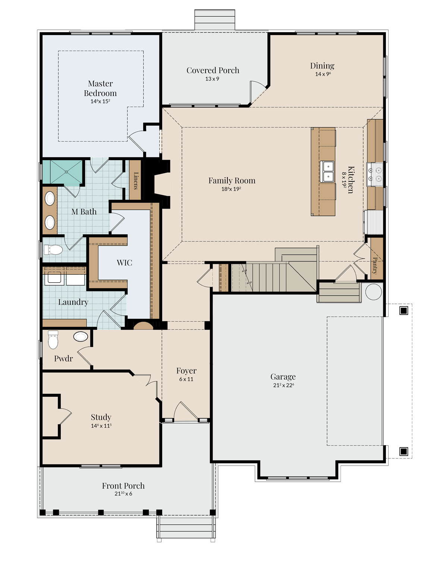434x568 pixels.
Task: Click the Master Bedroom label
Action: point(100,88)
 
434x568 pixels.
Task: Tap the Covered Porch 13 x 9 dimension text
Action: point(212,79)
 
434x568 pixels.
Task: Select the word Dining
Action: point(322,66)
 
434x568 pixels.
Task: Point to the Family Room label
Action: point(232,180)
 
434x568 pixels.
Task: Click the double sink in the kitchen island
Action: point(327,172)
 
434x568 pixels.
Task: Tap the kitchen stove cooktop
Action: point(375,174)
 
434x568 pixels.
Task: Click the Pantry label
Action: point(375,265)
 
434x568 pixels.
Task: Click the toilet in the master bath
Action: point(53,250)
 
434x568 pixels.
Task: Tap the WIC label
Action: point(124,263)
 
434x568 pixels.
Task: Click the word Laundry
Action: point(73,302)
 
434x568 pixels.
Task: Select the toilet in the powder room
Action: point(53,340)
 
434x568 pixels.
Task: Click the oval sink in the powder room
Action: point(81,336)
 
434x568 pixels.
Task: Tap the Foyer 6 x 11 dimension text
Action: point(186,379)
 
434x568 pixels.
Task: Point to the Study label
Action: point(101,417)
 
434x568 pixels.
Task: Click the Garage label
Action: point(283,377)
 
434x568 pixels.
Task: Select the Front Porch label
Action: point(123,486)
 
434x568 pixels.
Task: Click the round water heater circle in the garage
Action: point(374,291)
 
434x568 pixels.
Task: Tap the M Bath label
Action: point(84,212)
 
